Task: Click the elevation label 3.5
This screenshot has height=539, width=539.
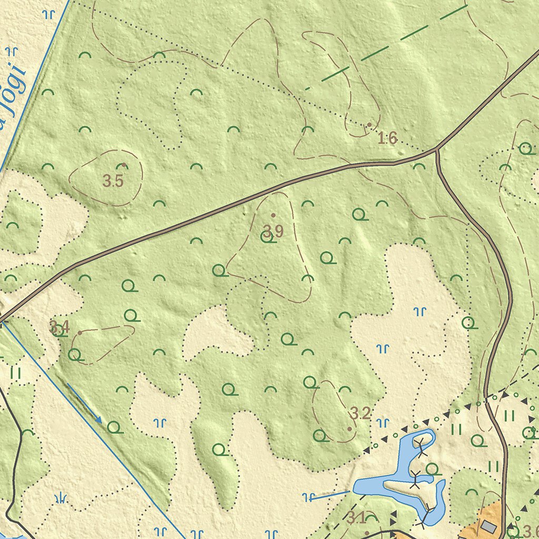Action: coord(113,182)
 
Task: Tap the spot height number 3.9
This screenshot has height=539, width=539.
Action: coord(273,231)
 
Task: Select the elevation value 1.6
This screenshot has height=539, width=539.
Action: coord(387,138)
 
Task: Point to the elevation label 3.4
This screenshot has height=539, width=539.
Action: coord(59,327)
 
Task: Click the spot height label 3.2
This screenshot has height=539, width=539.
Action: coord(361,413)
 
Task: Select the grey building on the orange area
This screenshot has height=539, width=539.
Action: coord(488,526)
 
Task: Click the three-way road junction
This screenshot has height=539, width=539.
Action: coord(437,150)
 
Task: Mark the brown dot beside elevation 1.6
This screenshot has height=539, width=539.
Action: coord(370,125)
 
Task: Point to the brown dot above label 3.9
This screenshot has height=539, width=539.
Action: coord(273,215)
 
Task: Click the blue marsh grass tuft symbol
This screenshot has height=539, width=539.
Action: coord(61,497)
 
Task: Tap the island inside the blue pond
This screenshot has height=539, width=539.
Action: coord(416,487)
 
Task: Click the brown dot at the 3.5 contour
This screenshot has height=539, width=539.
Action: coord(124,165)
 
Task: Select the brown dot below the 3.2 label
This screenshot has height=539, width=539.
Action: coord(350,429)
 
